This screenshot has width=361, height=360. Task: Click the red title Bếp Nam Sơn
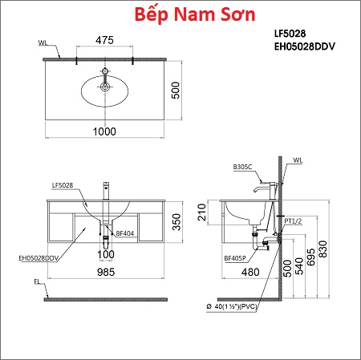[195, 14]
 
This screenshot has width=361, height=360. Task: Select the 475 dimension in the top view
[104, 40]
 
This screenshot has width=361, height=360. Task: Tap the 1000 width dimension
[104, 131]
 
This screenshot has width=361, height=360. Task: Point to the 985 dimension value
[106, 272]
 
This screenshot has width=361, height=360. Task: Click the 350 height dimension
[176, 221]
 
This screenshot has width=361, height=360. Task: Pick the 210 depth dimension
[202, 212]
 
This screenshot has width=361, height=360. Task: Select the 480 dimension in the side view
[250, 272]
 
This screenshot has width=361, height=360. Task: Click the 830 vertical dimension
[323, 249]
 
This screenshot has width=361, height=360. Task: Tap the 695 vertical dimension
[311, 257]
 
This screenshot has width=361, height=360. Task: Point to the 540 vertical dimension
[299, 266]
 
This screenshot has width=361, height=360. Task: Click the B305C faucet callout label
[242, 167]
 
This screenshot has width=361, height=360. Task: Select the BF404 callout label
[125, 233]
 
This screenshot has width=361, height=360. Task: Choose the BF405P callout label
[235, 258]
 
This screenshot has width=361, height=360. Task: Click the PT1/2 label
[293, 221]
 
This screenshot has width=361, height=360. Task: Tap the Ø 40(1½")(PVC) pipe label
[232, 306]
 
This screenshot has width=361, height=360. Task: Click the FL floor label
[37, 281]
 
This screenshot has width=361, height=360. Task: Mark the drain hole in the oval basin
[105, 87]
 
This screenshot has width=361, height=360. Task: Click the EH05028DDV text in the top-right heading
[305, 47]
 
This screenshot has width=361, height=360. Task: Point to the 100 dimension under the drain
[106, 254]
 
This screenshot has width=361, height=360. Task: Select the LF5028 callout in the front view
[63, 185]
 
